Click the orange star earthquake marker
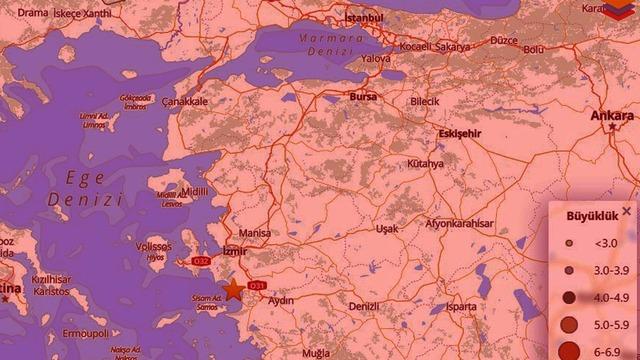(x=233, y=290)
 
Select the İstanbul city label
(x=364, y=18)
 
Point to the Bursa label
(x=363, y=96)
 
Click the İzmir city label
(x=234, y=250)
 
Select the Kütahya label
(x=425, y=163)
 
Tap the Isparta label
(x=462, y=307)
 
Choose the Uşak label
(x=387, y=229)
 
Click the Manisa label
(x=255, y=233)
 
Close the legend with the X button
(x=626, y=211)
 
